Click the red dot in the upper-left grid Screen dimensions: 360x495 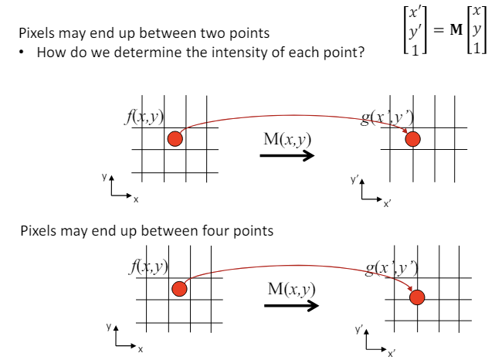[x=175, y=139]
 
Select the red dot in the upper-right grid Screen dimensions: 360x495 [x=413, y=139]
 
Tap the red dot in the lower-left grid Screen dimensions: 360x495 [x=179, y=289]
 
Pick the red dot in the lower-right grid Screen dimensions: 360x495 [x=418, y=297]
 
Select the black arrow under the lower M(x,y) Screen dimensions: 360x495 [x=291, y=306]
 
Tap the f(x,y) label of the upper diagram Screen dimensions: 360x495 [x=146, y=121]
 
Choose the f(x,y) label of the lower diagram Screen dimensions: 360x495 [x=150, y=270]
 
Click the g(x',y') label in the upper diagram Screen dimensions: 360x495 [x=389, y=120]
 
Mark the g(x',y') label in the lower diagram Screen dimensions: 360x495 [x=392, y=270]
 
